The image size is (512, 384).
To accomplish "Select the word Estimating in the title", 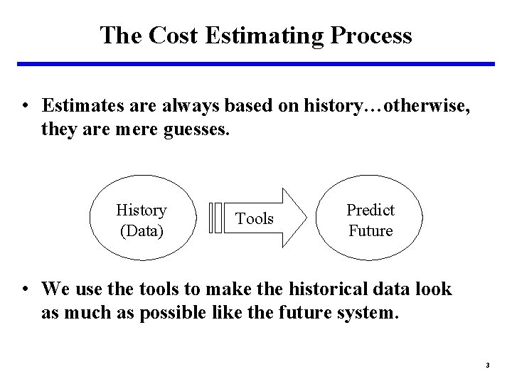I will click(x=257, y=35).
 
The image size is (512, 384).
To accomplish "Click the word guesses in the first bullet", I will click(x=192, y=129).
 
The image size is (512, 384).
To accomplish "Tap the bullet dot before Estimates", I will click(x=26, y=107).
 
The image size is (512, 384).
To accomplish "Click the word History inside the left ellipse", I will click(x=141, y=210).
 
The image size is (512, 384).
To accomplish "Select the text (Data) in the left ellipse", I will click(x=141, y=230).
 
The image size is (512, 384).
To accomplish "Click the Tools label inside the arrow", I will click(x=255, y=218).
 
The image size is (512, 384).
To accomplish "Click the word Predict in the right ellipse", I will click(x=370, y=210).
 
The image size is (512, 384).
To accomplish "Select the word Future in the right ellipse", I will click(x=370, y=230).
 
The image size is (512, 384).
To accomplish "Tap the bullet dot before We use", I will click(x=26, y=289).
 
